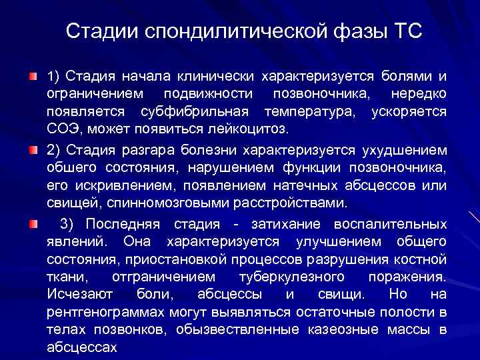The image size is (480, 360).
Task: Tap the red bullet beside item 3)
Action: click(33, 223)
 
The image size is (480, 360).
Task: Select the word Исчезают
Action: click(81, 294)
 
